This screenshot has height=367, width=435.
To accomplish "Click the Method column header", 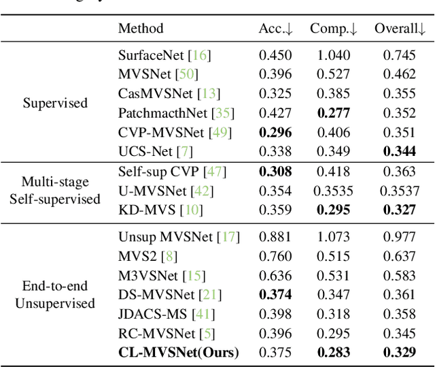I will (141, 28).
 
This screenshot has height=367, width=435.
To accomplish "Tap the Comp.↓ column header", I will (334, 28).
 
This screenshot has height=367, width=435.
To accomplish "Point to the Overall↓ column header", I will (400, 28).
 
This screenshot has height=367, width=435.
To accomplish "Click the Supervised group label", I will (55, 103).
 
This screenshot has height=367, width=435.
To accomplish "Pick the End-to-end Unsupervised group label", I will (55, 294).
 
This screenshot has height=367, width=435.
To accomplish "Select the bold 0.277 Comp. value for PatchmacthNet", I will (334, 112).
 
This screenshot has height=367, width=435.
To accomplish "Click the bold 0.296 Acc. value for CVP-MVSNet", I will (275, 131).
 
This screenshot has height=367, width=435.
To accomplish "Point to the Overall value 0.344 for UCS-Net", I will (400, 150).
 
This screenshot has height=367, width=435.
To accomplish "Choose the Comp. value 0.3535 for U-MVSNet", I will (334, 191).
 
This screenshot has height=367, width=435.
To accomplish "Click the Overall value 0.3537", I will (400, 191).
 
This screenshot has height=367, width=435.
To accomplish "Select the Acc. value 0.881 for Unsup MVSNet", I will (275, 237).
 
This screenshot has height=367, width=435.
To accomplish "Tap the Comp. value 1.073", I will (334, 237).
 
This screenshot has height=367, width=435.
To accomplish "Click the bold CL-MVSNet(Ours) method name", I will (179, 352).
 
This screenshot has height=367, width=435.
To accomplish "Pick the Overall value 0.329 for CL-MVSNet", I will (400, 352).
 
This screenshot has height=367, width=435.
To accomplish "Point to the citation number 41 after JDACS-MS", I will (203, 314).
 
